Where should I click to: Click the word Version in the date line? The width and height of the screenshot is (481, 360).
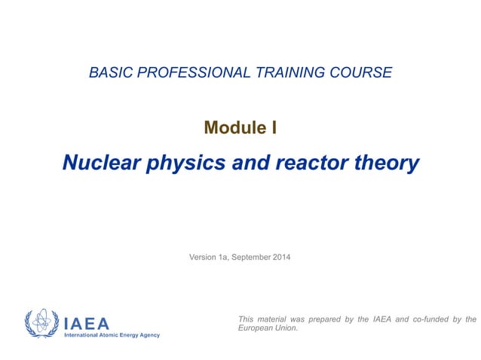point(202,258)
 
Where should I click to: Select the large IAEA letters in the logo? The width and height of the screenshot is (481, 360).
point(87,323)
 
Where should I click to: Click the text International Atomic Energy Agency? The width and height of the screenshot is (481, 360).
point(112,335)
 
